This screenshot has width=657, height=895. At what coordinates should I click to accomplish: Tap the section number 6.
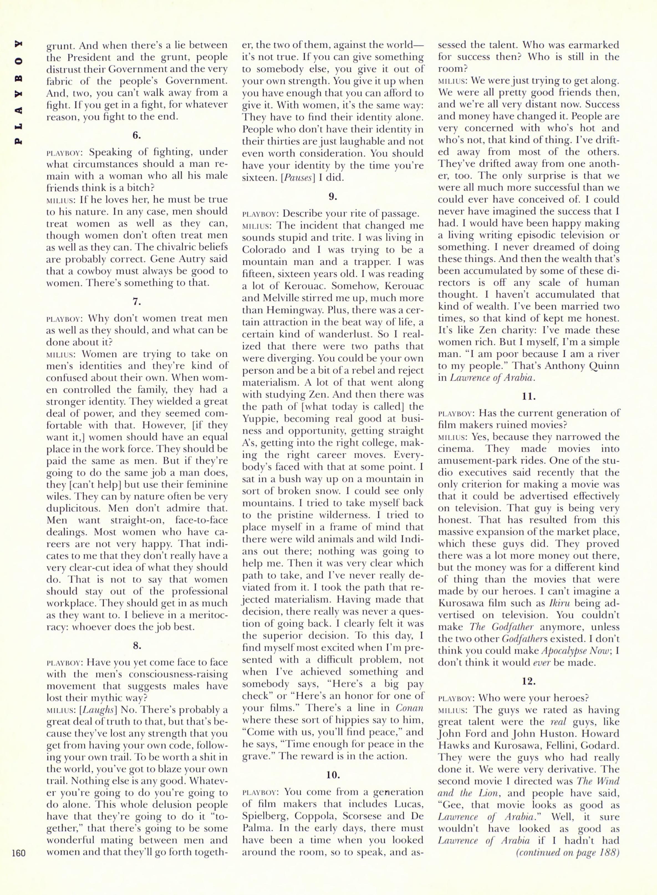click(137, 135)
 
